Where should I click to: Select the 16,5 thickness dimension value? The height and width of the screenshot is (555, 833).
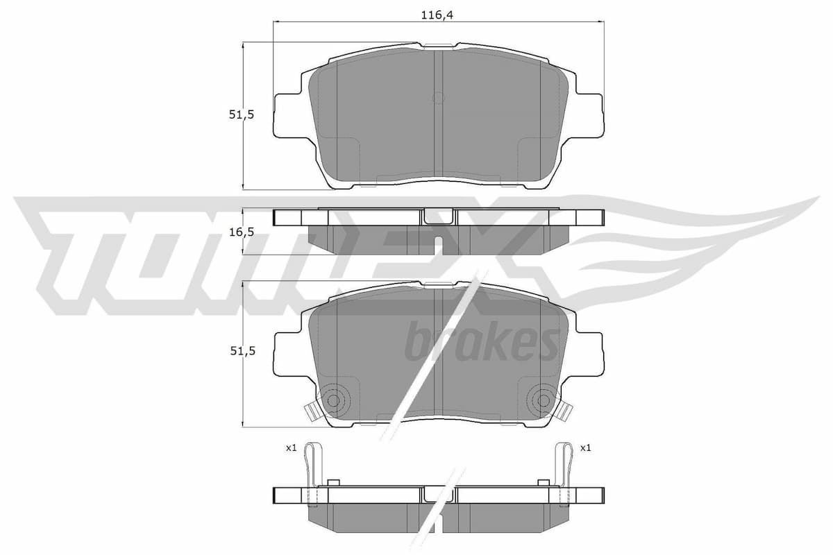[x=241, y=232]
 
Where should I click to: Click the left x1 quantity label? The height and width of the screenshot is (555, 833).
[x=291, y=448]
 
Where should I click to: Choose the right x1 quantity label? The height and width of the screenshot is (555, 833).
[x=585, y=448]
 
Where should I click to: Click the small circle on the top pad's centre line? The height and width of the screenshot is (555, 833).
[x=437, y=98]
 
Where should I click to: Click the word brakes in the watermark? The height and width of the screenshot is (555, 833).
[x=482, y=342]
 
